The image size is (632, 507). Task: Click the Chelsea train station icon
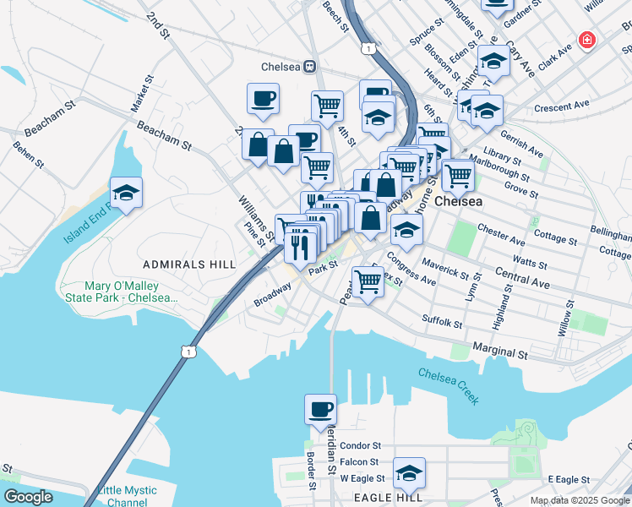[310, 67]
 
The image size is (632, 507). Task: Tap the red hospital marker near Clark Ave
[586, 40]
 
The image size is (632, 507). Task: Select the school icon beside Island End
[126, 194]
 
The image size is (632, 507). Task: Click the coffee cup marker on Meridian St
[320, 410]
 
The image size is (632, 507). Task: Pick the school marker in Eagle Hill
[409, 474]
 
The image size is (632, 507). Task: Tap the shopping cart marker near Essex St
[368, 281]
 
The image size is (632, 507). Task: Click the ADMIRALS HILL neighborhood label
[189, 264]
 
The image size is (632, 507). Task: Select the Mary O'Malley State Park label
[131, 292]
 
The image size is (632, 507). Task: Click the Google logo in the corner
[28, 497]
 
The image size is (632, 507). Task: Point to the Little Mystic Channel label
[127, 496]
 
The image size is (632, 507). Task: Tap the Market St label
[141, 95]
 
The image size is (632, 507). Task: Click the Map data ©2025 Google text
[579, 500]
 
